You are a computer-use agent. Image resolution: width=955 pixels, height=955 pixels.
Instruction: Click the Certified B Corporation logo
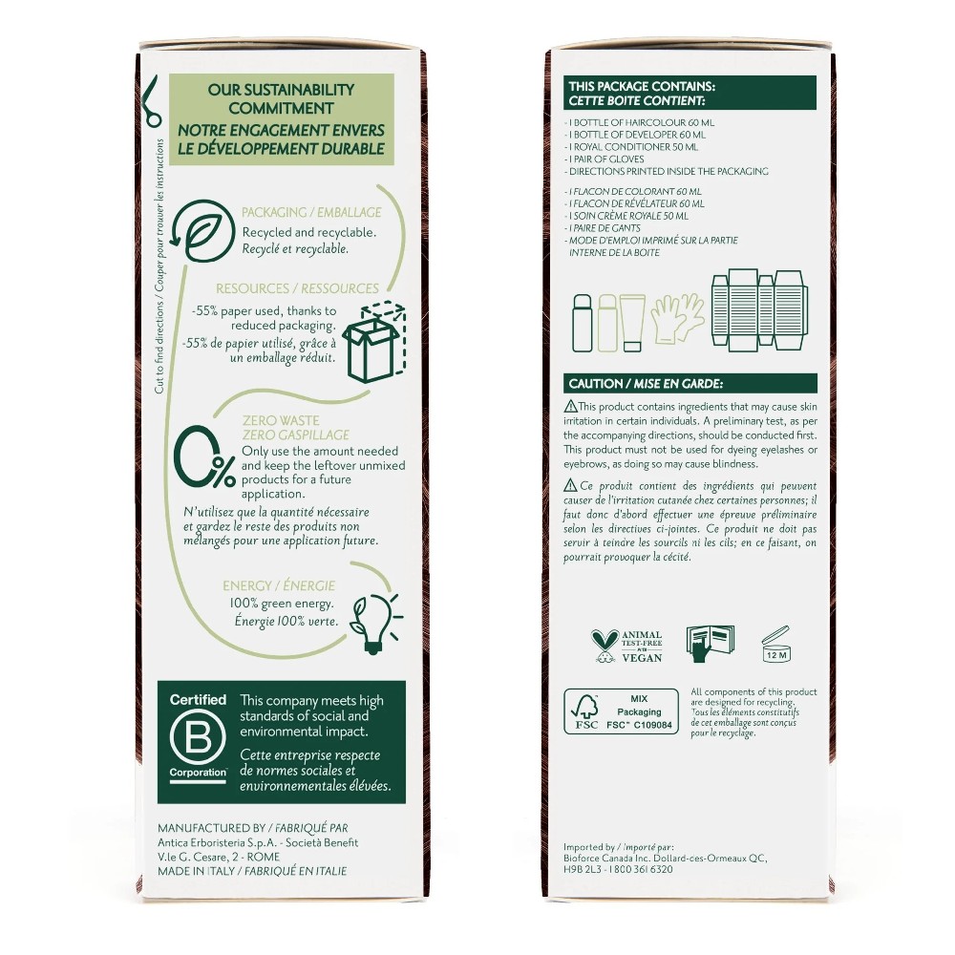point(198,737)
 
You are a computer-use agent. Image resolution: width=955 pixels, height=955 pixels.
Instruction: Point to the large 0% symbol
point(203,456)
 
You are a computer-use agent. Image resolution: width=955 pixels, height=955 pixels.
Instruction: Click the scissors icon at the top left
point(151,101)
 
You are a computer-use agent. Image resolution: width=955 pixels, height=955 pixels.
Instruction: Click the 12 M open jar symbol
point(776,645)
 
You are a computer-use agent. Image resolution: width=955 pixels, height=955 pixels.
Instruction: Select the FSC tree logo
point(584,712)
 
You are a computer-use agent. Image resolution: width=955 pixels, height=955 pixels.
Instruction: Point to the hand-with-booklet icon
point(710,644)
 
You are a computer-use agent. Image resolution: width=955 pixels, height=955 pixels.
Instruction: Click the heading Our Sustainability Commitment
point(281,98)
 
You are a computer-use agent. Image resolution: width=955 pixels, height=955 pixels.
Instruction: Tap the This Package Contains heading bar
point(690,94)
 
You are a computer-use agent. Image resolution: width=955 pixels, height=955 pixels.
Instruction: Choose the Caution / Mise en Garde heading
point(646,384)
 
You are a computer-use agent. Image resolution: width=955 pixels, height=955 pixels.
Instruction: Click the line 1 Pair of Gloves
point(605,159)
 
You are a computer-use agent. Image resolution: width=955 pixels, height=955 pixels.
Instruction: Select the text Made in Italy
point(196,871)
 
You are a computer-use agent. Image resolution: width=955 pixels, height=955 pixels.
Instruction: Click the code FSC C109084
point(640,726)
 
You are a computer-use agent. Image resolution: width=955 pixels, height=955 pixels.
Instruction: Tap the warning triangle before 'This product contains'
point(570,406)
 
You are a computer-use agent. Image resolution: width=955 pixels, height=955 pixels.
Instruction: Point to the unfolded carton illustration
point(759,310)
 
